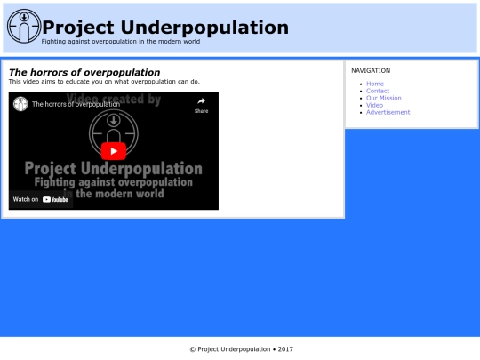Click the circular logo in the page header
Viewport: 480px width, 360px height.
pos(23,27)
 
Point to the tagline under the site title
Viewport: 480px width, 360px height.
pos(121,42)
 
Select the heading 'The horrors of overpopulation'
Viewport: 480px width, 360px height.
pos(84,72)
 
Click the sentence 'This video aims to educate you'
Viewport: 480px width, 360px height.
pos(104,81)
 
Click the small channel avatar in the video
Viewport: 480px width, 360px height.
pos(20,104)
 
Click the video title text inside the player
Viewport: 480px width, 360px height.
pos(76,104)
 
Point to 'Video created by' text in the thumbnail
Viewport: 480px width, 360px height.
pos(113,100)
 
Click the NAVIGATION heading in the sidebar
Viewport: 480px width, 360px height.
pos(371,70)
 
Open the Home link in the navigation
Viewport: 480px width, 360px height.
pos(375,84)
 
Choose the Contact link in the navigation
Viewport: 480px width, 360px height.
pos(378,91)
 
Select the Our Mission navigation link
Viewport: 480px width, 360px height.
pos(384,98)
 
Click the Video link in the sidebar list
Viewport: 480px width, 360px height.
pos(374,105)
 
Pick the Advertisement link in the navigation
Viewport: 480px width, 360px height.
pos(388,112)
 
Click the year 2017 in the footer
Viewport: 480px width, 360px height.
pos(285,349)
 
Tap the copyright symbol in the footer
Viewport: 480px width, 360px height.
pos(192,349)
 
